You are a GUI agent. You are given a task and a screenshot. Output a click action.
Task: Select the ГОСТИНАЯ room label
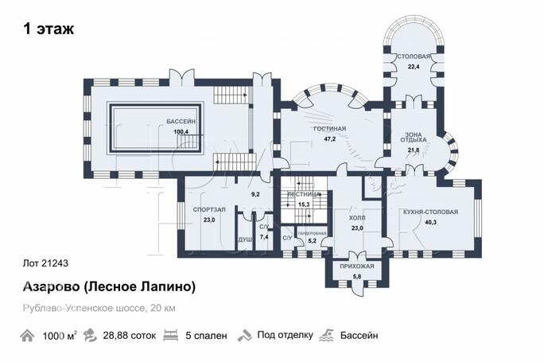tap(328, 129)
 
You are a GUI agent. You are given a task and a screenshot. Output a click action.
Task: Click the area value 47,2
tap(328, 138)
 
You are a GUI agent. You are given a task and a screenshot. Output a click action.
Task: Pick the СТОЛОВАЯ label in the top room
tap(414, 57)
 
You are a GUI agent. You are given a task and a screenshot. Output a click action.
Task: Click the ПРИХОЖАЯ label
tap(356, 267)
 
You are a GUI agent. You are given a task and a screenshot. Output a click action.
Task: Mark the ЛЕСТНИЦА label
tap(303, 194)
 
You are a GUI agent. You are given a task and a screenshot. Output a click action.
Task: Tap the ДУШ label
tap(245, 239)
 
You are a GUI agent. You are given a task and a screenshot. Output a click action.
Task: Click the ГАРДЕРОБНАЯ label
tap(312, 232)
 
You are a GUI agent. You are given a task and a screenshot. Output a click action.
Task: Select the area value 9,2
tap(255, 193)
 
